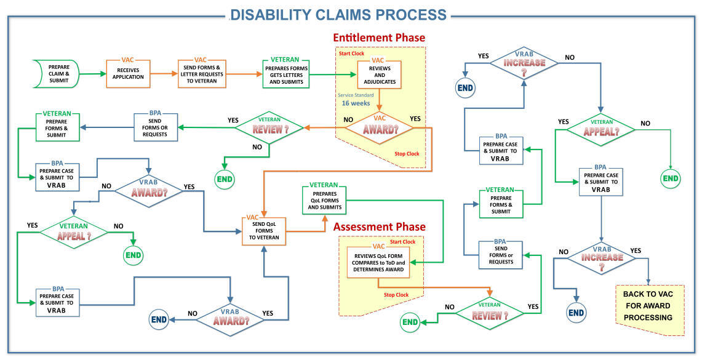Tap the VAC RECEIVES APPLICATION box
point(128,74)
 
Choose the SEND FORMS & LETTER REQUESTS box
point(201,74)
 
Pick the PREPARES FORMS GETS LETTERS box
point(286,74)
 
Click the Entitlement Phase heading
point(379,38)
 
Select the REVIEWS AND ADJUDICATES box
point(379,73)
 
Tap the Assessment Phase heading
point(379,227)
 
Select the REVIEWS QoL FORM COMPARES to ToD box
point(378,262)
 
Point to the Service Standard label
point(356,95)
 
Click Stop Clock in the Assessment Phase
point(396,295)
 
